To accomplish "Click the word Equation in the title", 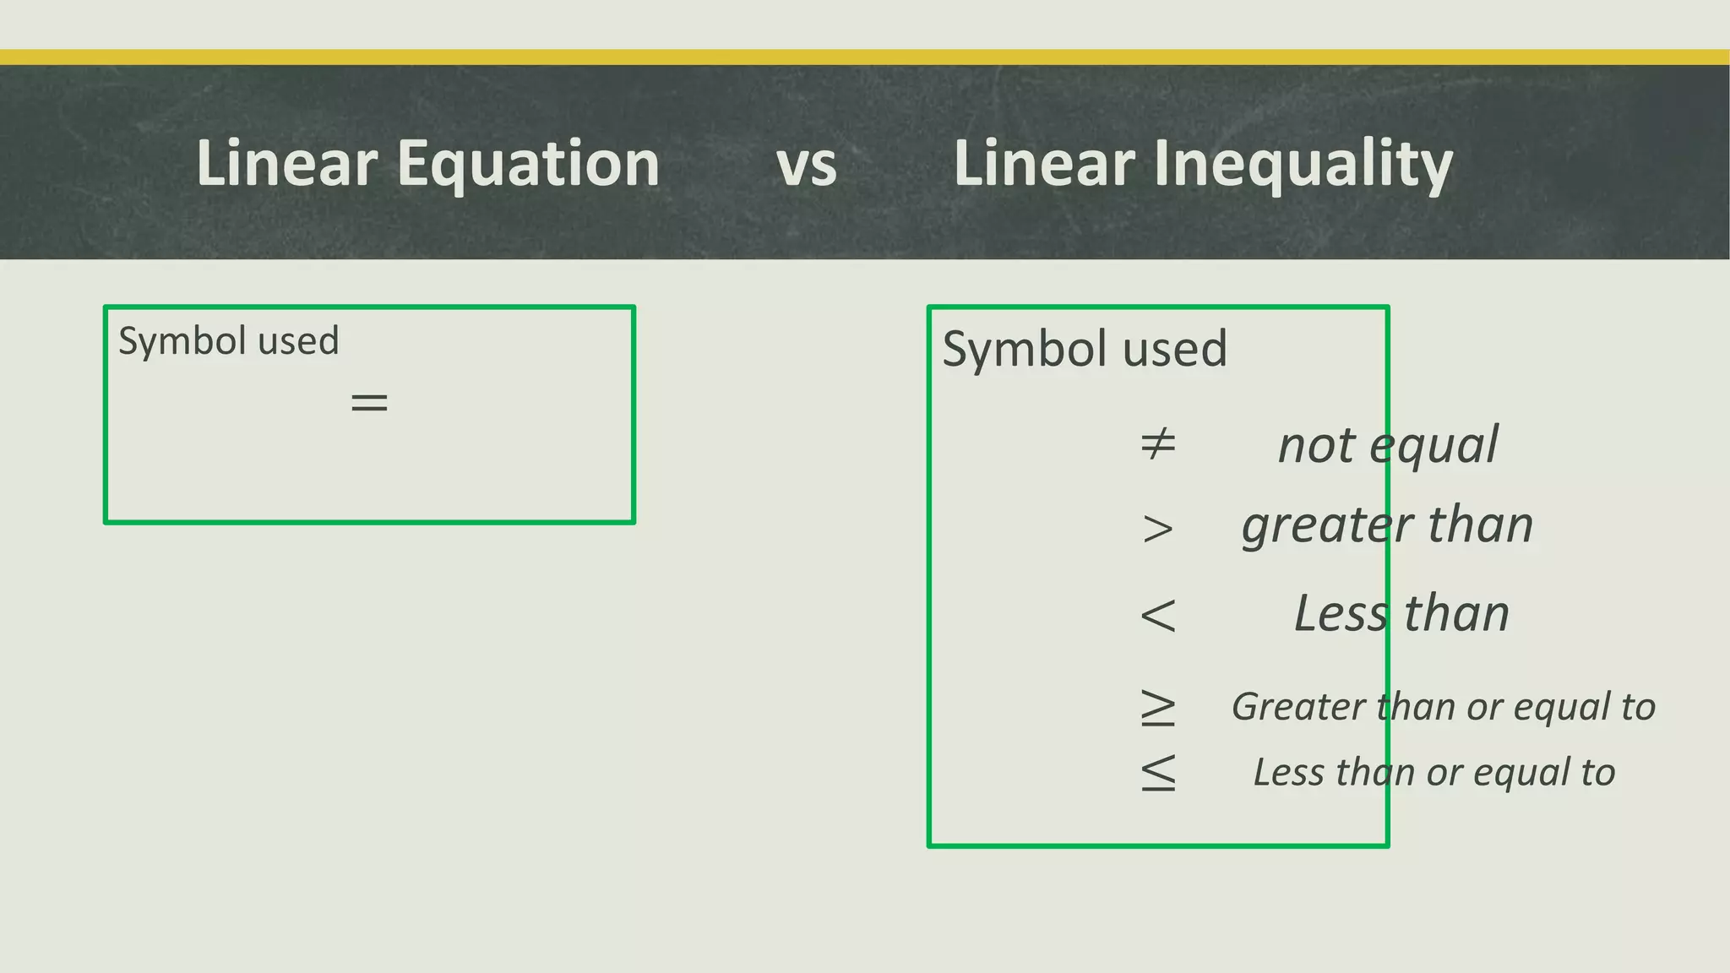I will (x=528, y=164).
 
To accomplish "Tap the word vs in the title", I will (x=806, y=166).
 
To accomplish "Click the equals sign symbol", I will (x=369, y=402).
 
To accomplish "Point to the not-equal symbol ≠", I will (x=1157, y=443).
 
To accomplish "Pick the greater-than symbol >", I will (x=1157, y=529).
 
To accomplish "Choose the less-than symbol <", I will (x=1157, y=615).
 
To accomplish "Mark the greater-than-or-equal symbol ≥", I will (x=1157, y=708).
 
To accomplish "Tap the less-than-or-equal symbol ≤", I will (x=1157, y=773).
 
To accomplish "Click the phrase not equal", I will (x=1387, y=445).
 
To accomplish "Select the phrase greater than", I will (x=1387, y=525).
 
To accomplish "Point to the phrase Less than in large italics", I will (x=1401, y=613).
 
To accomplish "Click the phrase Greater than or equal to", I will (x=1443, y=707).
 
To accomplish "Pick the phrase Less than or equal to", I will (x=1434, y=772).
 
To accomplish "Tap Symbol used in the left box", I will (x=228, y=341).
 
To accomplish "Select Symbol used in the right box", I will (x=1084, y=349).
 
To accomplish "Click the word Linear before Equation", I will (x=286, y=164).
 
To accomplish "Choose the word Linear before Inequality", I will (x=1044, y=164).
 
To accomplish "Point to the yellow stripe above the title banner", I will (x=865, y=57).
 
